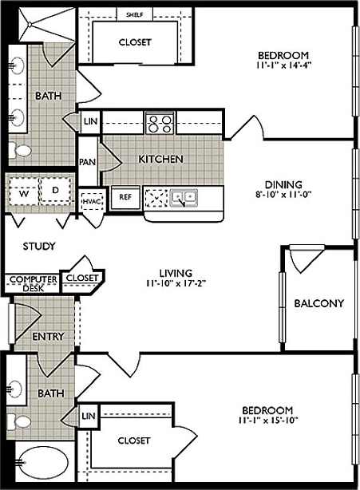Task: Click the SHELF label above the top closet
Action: (133, 14)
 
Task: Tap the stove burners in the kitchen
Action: (160, 123)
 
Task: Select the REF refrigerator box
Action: (125, 196)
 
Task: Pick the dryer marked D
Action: (55, 190)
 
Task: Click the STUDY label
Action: (38, 247)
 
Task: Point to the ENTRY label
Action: (48, 336)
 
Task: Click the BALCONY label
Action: (318, 303)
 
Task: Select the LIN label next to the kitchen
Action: (89, 123)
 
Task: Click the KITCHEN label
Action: (160, 159)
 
